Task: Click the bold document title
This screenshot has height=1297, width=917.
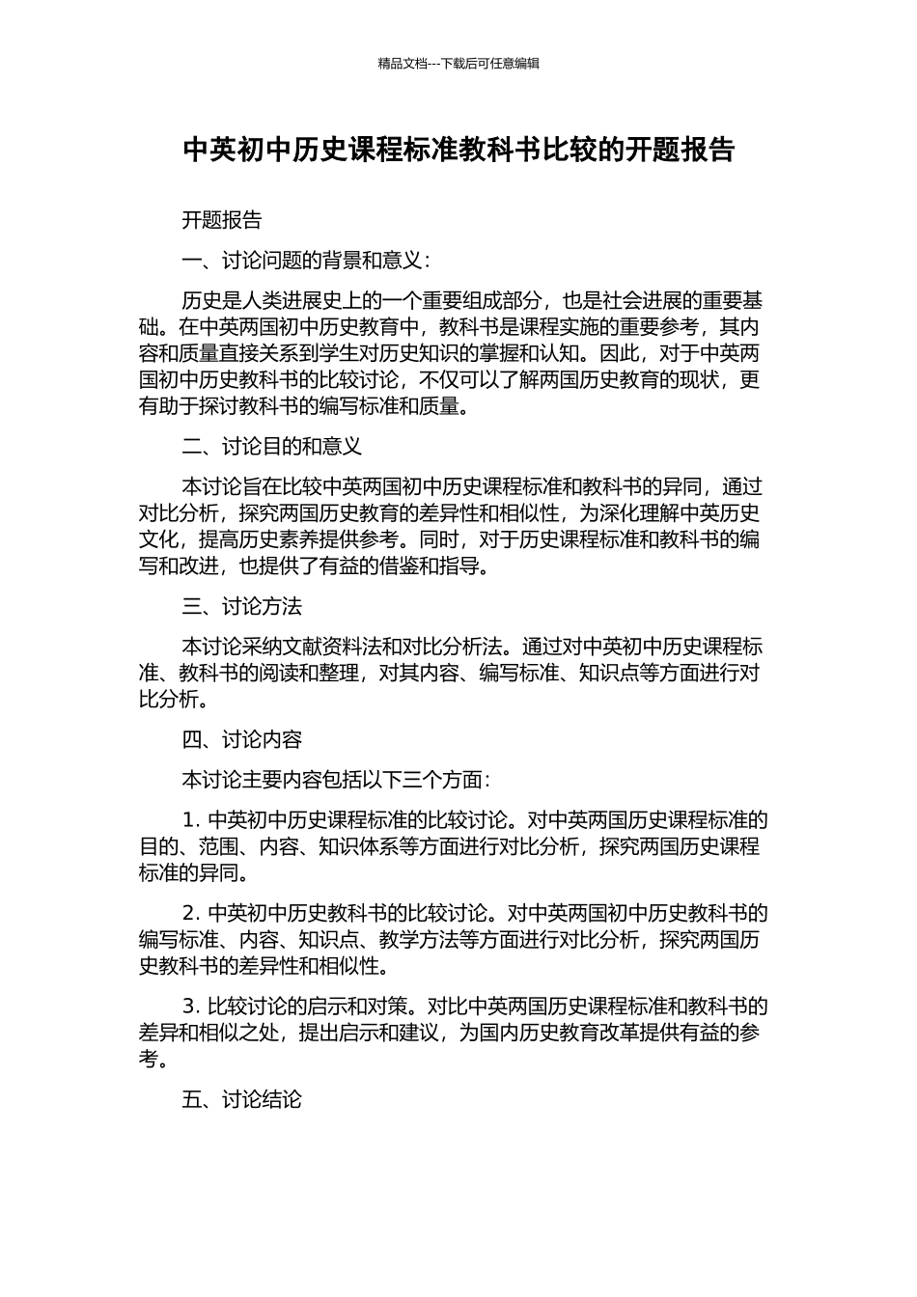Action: (458, 151)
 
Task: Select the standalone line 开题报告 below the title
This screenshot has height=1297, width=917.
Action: (222, 220)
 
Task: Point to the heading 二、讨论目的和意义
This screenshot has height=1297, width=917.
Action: (271, 446)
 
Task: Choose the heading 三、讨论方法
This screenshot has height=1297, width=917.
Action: (241, 606)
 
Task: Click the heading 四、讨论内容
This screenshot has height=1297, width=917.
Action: (241, 739)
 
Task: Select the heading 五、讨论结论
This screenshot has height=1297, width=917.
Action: (241, 1098)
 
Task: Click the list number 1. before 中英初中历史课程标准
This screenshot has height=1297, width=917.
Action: (190, 820)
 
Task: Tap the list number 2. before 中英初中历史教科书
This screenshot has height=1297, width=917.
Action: (190, 913)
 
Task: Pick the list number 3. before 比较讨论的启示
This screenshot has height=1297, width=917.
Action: (190, 1006)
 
